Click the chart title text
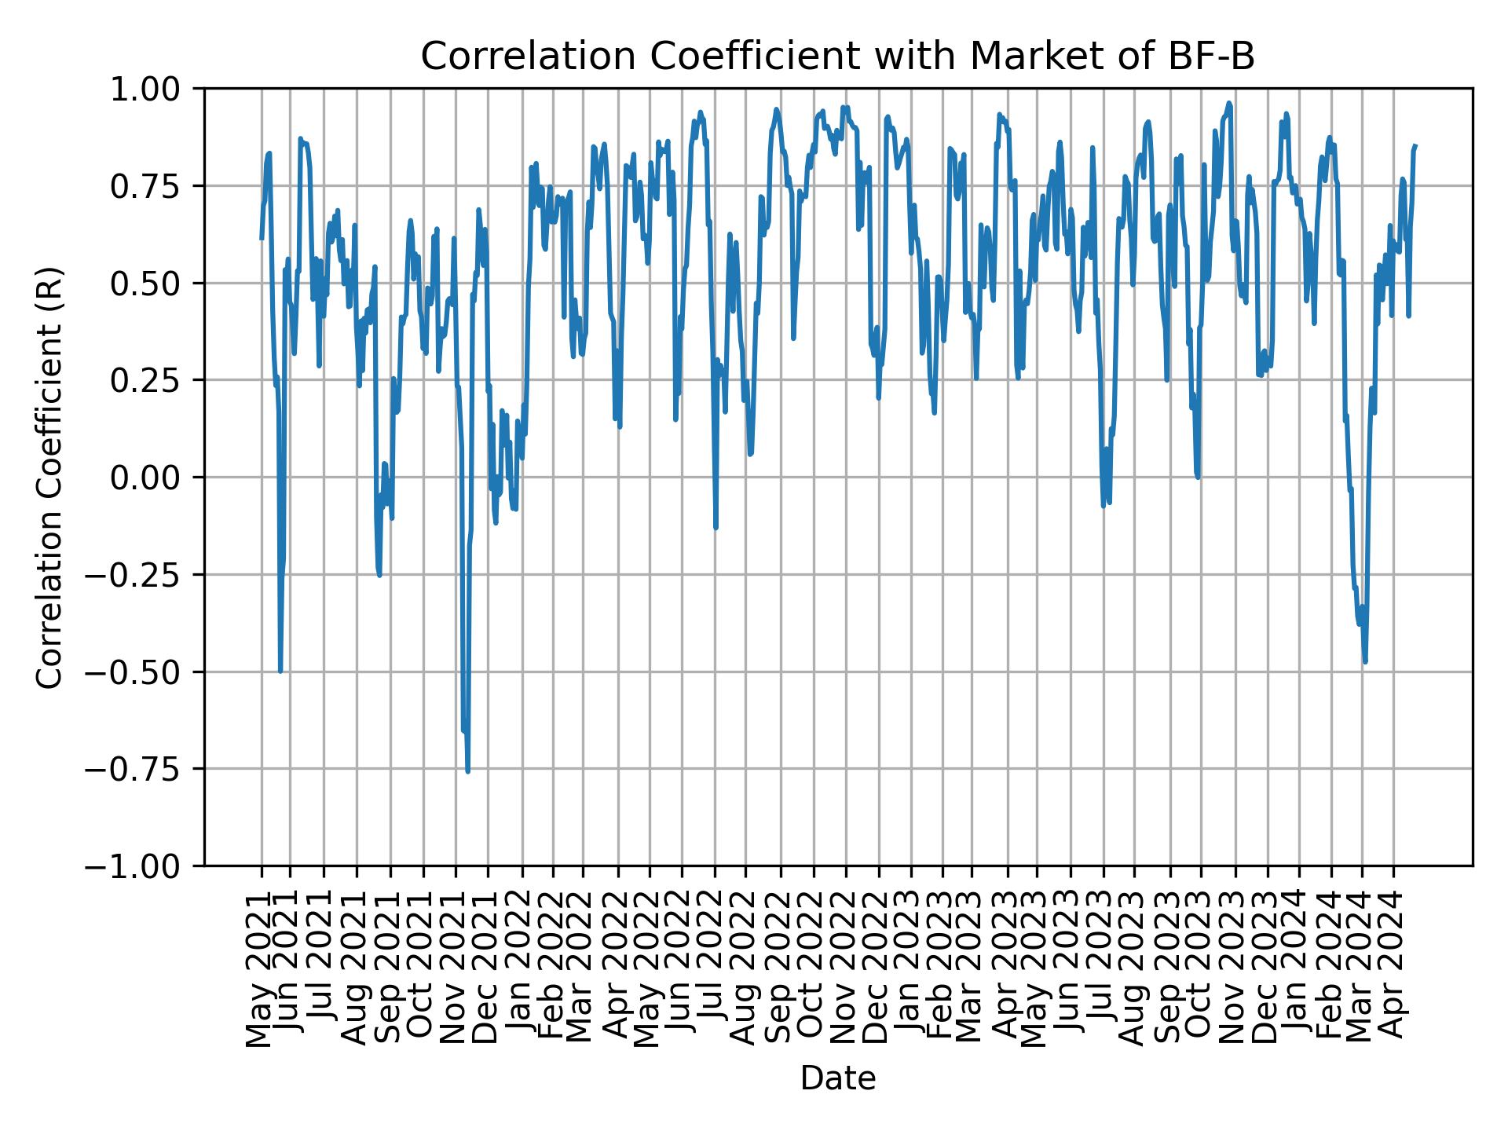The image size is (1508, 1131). (838, 57)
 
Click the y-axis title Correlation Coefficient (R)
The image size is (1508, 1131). (49, 477)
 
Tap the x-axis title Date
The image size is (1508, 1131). (838, 1078)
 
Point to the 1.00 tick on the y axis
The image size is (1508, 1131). (156, 89)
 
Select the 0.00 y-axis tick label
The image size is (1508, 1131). (156, 478)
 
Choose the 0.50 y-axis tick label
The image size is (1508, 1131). (156, 284)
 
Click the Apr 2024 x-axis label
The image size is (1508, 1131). (1393, 968)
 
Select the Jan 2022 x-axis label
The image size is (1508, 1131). (522, 968)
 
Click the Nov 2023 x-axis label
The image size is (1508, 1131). (1235, 968)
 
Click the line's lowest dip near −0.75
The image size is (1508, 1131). (468, 771)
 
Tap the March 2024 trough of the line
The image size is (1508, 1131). (1365, 661)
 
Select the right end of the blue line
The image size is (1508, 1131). (1415, 145)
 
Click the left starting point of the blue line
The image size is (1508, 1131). (262, 238)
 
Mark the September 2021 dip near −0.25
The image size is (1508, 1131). (379, 575)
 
